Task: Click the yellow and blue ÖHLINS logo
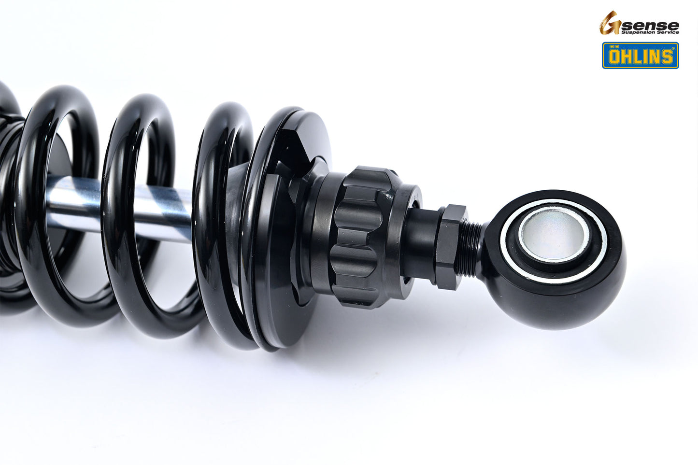tap(640, 56)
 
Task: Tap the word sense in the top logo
tap(649, 25)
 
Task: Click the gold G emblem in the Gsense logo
tap(609, 23)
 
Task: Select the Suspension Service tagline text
tap(649, 32)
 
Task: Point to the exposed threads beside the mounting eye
tap(472, 249)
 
